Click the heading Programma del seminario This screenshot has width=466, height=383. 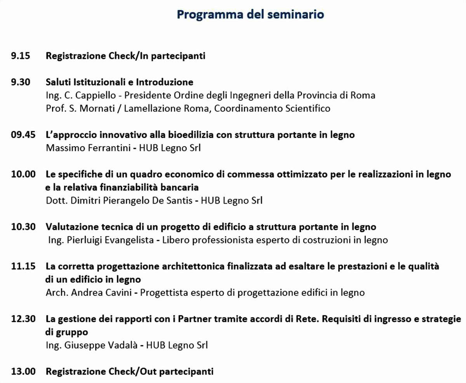point(250,14)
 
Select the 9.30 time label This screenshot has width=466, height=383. point(21,82)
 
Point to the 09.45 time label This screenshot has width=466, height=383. point(23,135)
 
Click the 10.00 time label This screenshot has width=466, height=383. point(23,174)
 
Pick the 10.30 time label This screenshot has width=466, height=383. point(23,227)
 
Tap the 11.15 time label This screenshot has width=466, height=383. point(23,266)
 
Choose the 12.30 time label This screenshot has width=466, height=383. point(23,319)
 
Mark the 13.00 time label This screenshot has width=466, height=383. point(23,371)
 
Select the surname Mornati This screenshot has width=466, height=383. point(95,109)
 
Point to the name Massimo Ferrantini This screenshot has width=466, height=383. point(87,148)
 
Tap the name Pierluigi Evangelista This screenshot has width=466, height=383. point(111,240)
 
